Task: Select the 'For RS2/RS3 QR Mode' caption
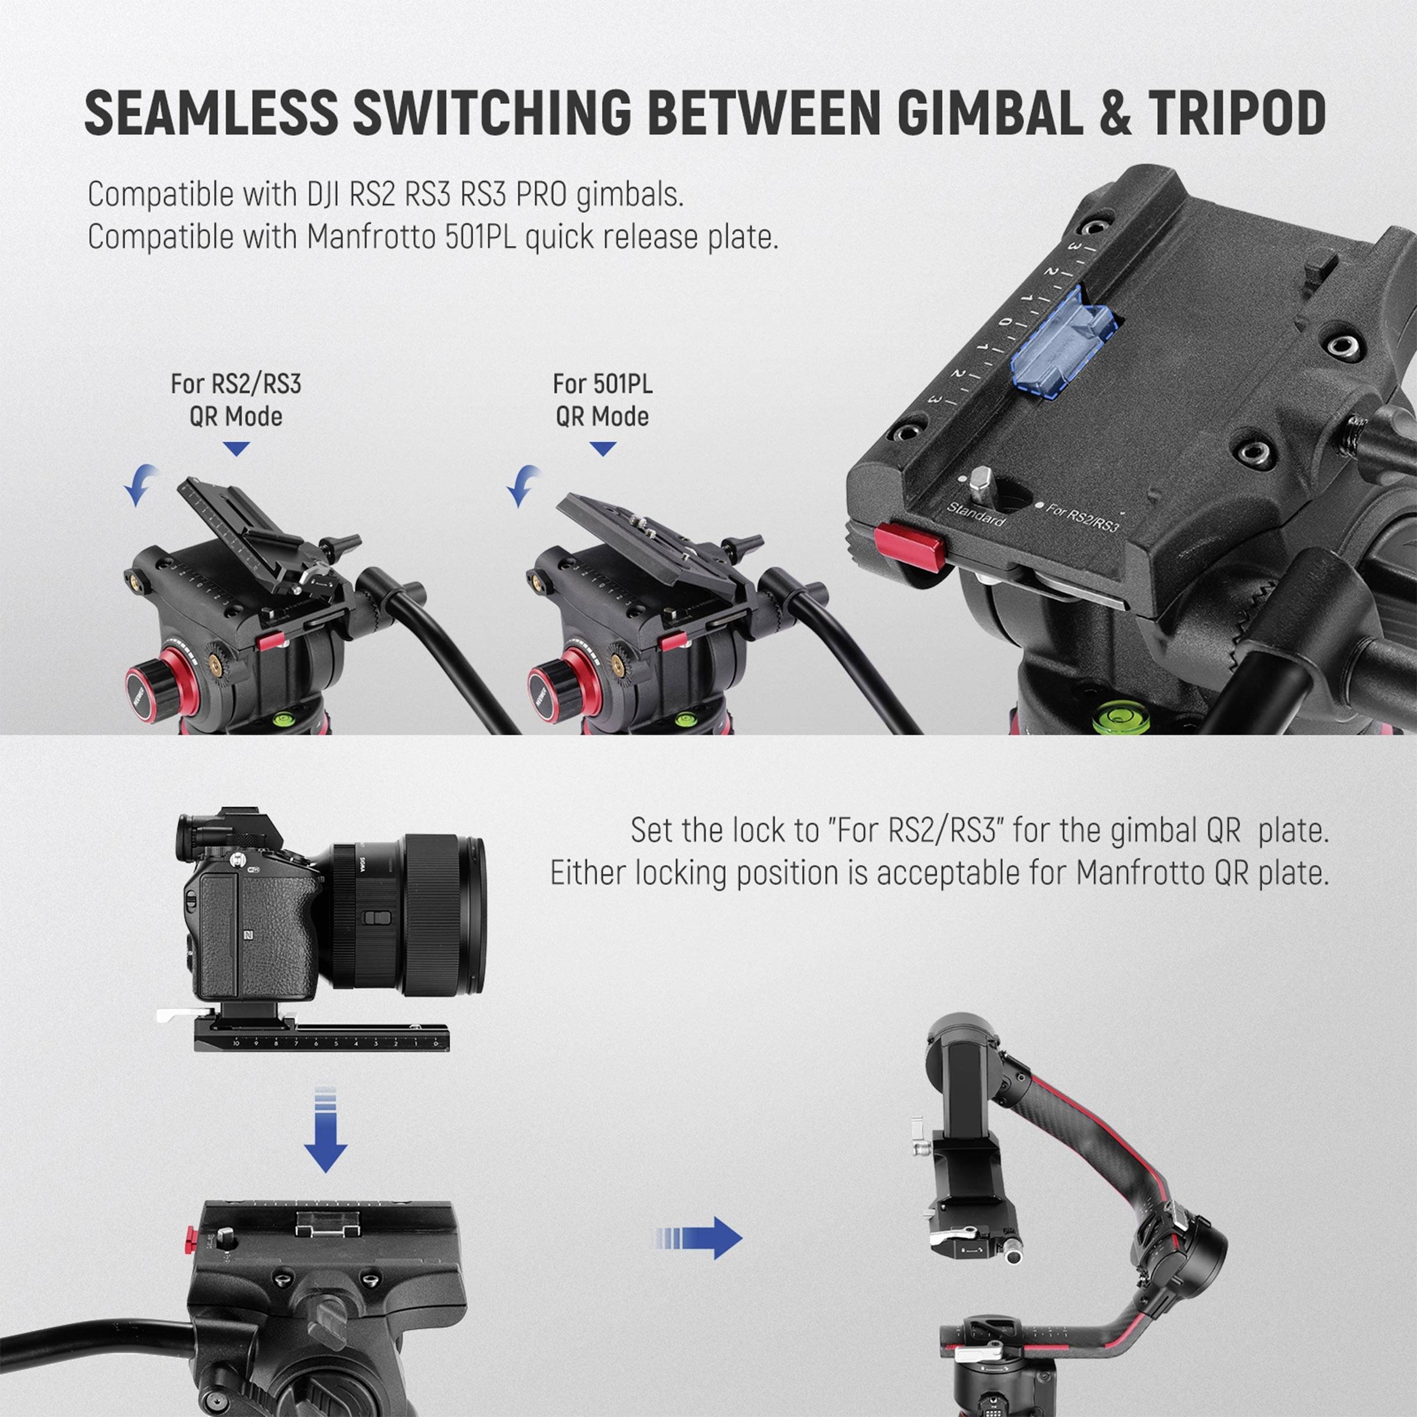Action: click(x=236, y=400)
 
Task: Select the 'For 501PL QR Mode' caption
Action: click(x=602, y=400)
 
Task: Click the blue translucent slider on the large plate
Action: click(x=1063, y=342)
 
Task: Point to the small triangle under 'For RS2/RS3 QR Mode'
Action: click(x=236, y=449)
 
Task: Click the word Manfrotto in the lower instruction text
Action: click(x=1141, y=873)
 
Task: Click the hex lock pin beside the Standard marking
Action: click(x=981, y=482)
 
